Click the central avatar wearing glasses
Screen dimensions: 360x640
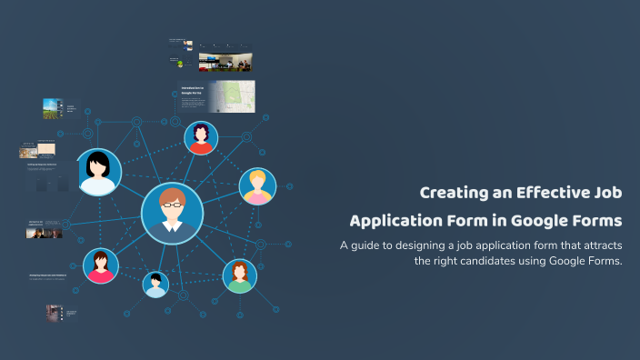pyautogui.click(x=172, y=213)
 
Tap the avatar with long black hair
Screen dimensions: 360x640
pyautogui.click(x=98, y=172)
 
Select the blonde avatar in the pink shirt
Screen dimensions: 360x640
pyautogui.click(x=257, y=186)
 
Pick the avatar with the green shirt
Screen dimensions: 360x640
pyautogui.click(x=239, y=275)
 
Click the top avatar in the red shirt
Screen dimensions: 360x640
pyautogui.click(x=201, y=138)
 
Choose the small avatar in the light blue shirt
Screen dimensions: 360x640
pyautogui.click(x=155, y=285)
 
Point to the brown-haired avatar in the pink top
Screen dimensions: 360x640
pyautogui.click(x=100, y=265)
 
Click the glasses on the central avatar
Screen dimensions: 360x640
pyautogui.click(x=172, y=204)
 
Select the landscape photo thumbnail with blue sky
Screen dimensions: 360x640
pyautogui.click(x=51, y=109)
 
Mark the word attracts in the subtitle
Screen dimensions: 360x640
pyautogui.click(x=596, y=245)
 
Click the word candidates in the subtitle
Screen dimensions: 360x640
pyautogui.click(x=487, y=261)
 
